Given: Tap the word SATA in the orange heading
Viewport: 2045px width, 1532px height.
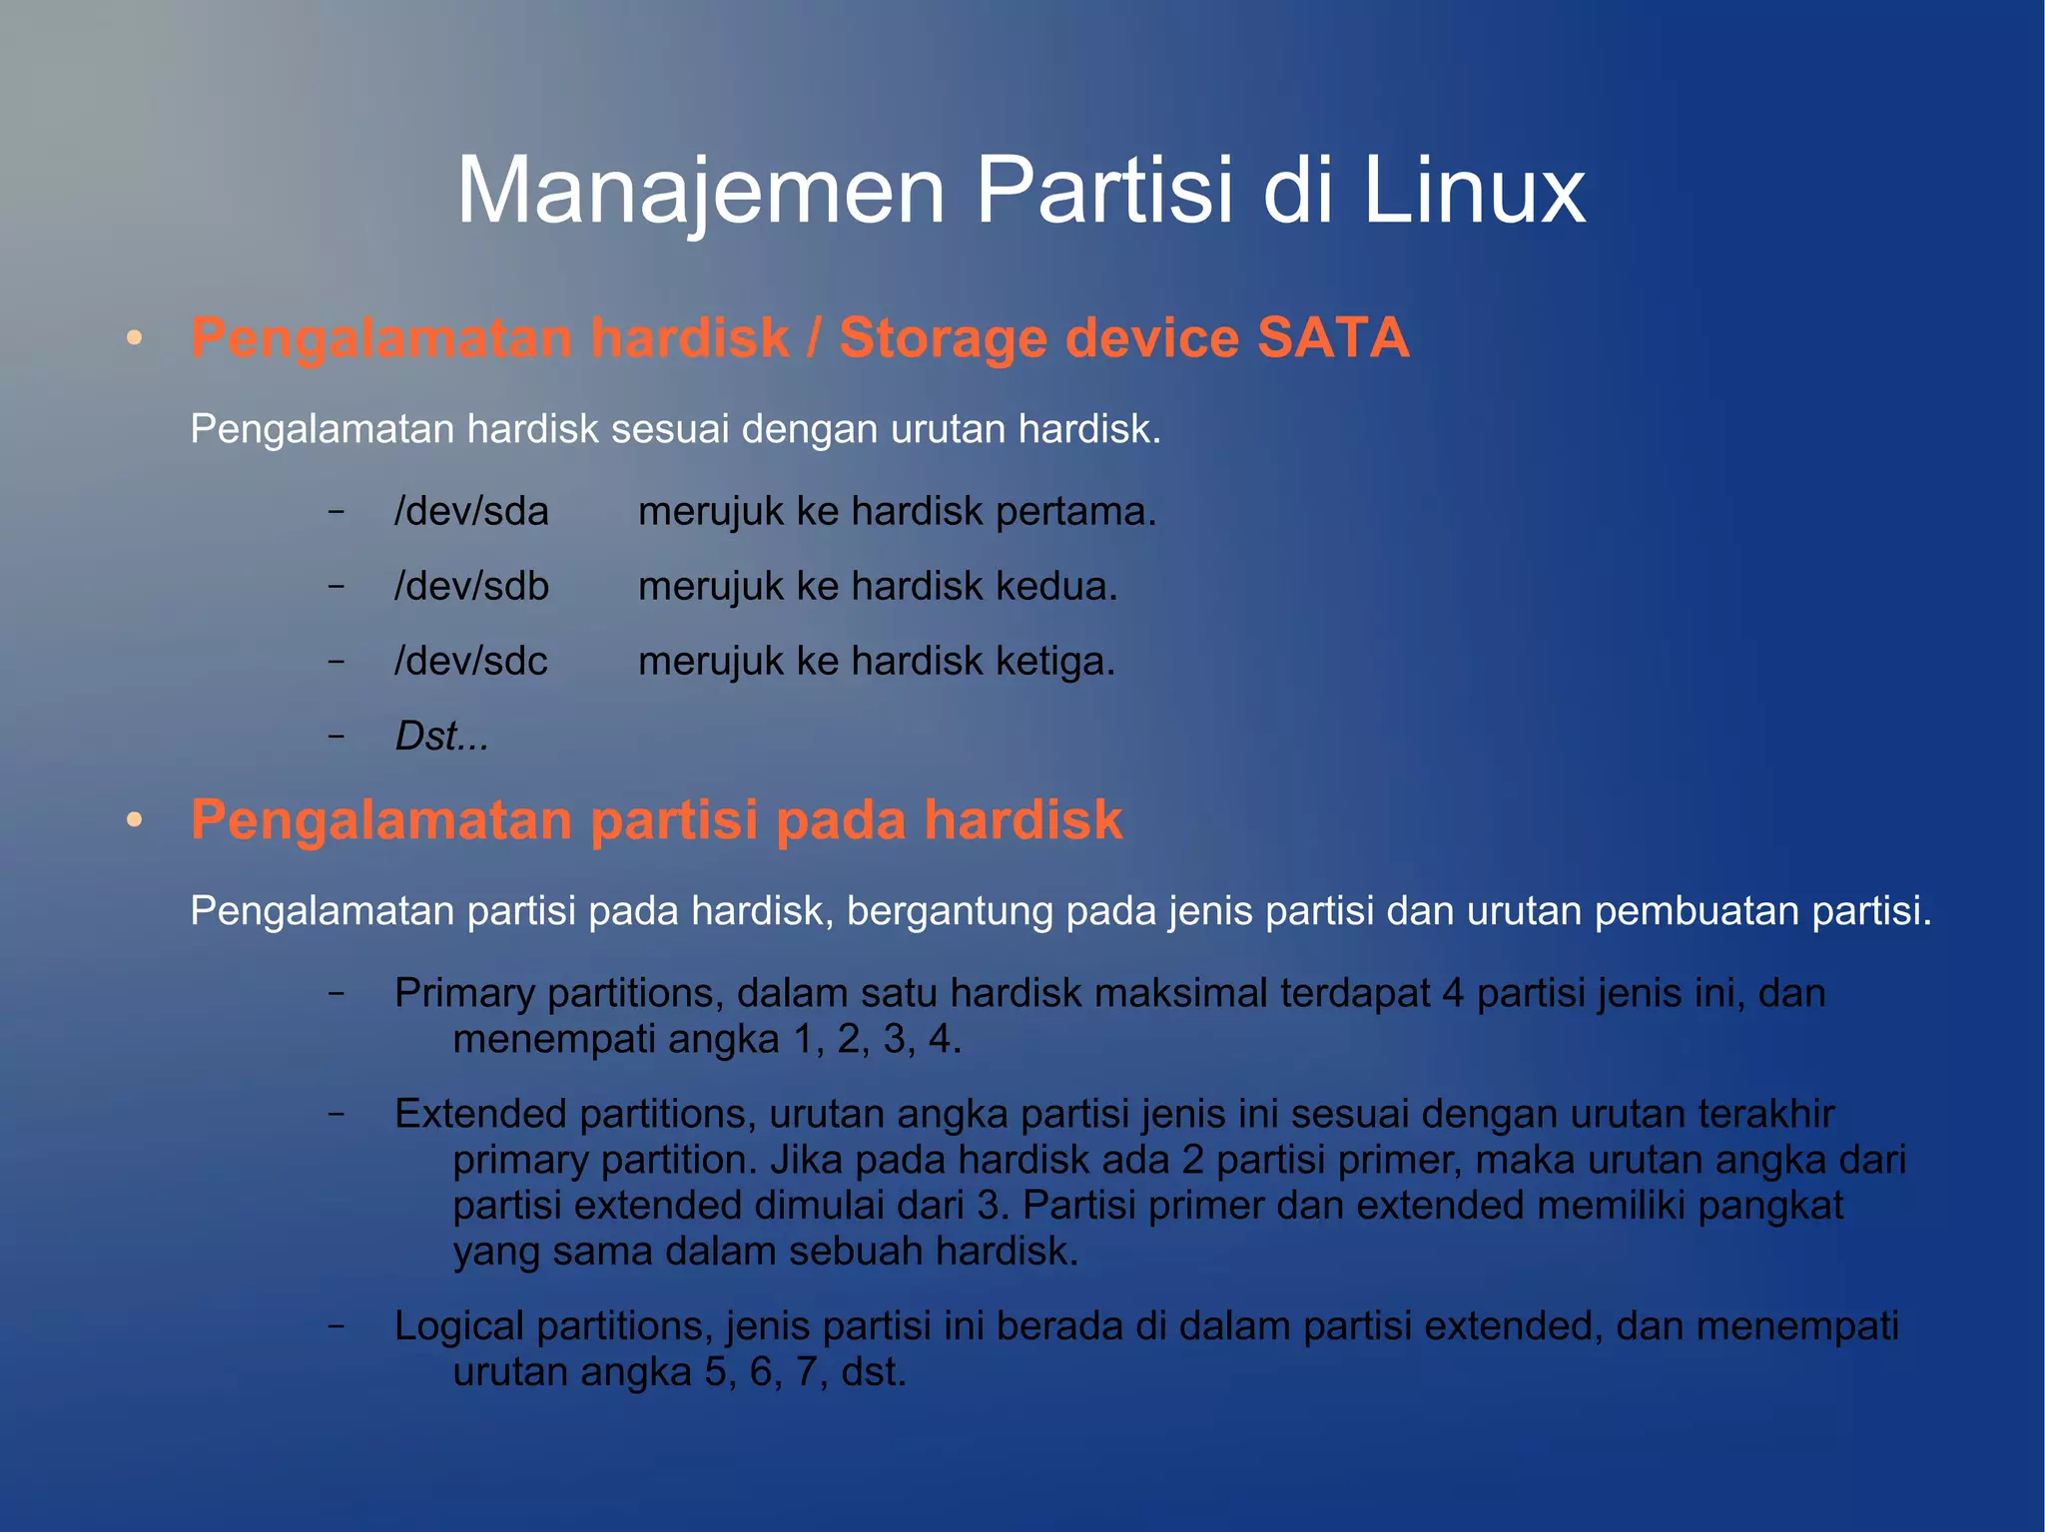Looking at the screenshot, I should (1333, 337).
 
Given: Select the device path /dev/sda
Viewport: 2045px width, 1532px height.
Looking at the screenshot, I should (471, 511).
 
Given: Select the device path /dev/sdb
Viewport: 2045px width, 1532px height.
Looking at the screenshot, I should (471, 586).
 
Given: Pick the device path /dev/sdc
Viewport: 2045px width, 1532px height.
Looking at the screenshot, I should (471, 661).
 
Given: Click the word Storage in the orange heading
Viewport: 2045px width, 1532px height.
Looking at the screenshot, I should (942, 337).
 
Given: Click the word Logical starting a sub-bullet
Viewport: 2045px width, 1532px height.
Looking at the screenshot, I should (459, 1325).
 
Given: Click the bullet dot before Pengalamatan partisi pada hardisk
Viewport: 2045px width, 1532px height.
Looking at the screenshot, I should (135, 820).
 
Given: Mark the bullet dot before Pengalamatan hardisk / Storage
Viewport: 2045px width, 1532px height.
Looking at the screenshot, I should (135, 338).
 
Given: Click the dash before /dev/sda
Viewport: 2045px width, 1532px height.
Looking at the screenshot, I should (337, 511).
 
